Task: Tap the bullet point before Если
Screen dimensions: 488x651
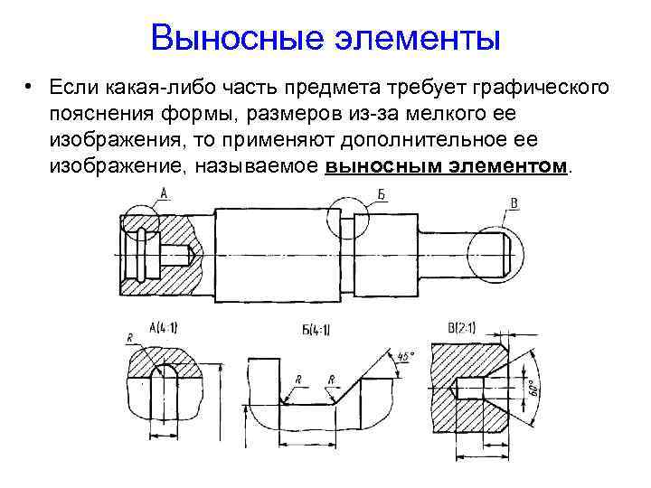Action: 30,88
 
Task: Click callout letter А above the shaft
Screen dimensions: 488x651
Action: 165,192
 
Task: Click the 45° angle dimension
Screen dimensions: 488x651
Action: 405,359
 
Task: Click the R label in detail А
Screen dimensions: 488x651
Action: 131,337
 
